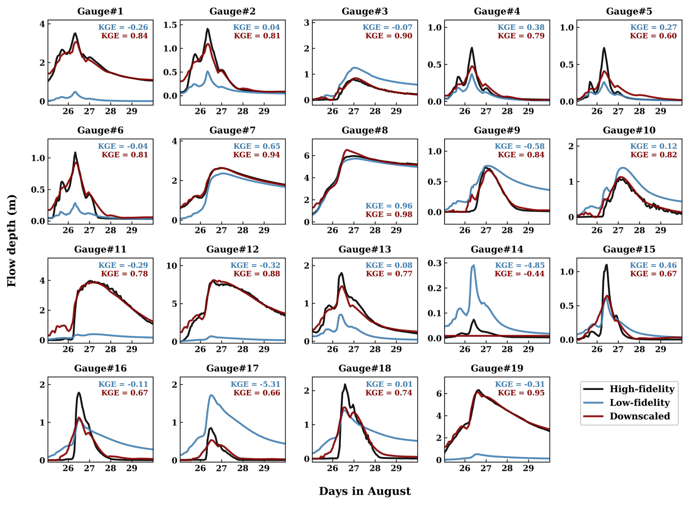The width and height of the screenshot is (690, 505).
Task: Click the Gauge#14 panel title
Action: pos(497,249)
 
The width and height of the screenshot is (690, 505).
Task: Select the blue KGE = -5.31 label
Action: pos(255,384)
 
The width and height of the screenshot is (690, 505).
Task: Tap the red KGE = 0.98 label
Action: pos(389,214)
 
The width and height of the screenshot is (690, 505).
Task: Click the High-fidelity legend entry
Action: pos(641,389)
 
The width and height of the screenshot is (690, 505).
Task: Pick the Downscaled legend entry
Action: pos(639,416)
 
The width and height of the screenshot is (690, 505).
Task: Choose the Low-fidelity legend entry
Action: pos(639,403)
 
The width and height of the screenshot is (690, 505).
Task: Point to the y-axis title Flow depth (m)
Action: pos(11,241)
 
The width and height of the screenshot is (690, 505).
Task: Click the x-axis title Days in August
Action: pos(365,491)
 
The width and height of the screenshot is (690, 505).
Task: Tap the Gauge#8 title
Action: pos(365,130)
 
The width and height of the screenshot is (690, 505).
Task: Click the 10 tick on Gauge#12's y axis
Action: pos(172,266)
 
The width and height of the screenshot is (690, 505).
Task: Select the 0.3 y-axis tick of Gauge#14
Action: pos(434,263)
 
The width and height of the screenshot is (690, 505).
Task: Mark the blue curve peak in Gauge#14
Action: pos(474,265)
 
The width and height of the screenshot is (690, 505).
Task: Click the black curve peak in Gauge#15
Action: pos(606,265)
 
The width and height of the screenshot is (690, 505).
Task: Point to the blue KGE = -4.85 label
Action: pos(520,265)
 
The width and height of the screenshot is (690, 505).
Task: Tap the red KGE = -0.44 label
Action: pos(519,274)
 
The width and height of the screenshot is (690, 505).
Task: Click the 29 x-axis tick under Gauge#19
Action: pos(528,468)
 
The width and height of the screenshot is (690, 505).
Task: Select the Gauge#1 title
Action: pos(100,11)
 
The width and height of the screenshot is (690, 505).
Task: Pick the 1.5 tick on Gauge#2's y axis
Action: pos(170,25)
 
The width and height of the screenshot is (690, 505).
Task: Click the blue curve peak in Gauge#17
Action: pos(212,395)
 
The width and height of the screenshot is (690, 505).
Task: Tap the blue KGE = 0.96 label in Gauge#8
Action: pos(389,206)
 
